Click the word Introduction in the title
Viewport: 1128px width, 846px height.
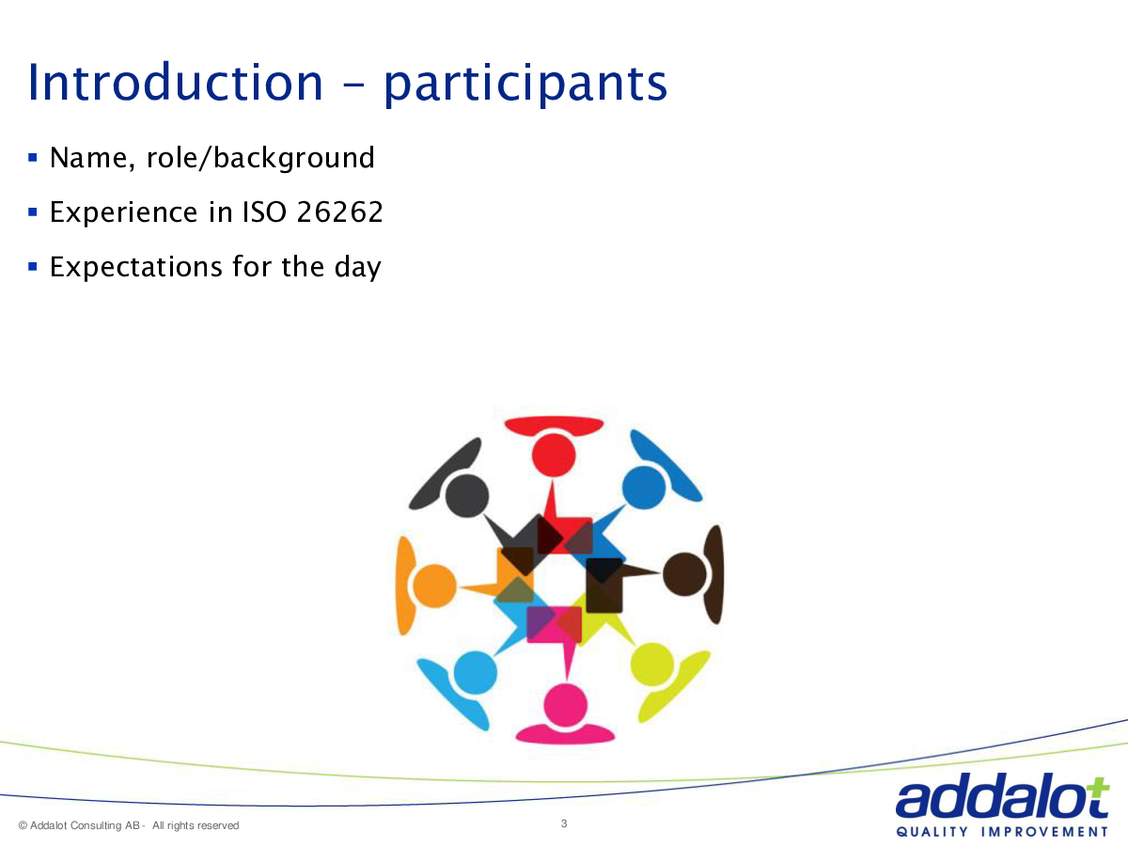click(x=175, y=82)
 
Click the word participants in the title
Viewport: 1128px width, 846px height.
click(x=525, y=85)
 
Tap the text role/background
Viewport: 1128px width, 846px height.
click(x=260, y=158)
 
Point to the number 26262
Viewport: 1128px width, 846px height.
click(x=339, y=211)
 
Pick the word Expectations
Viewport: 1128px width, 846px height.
click(x=136, y=267)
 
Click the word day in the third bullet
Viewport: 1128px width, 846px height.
click(x=358, y=267)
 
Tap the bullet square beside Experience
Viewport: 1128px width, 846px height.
click(x=33, y=211)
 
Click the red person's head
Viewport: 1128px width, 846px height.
click(x=554, y=455)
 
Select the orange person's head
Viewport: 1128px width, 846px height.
click(x=434, y=586)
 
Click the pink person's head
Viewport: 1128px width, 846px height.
click(x=565, y=705)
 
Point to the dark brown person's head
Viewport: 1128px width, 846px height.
click(x=684, y=574)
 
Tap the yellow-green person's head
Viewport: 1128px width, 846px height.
click(x=652, y=665)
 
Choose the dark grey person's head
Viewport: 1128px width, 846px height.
click(x=466, y=495)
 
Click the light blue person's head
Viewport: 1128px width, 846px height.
click(x=476, y=673)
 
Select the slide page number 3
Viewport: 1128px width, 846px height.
click(x=564, y=823)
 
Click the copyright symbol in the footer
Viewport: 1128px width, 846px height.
click(x=23, y=825)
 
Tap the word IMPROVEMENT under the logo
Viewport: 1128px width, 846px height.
click(x=1044, y=832)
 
